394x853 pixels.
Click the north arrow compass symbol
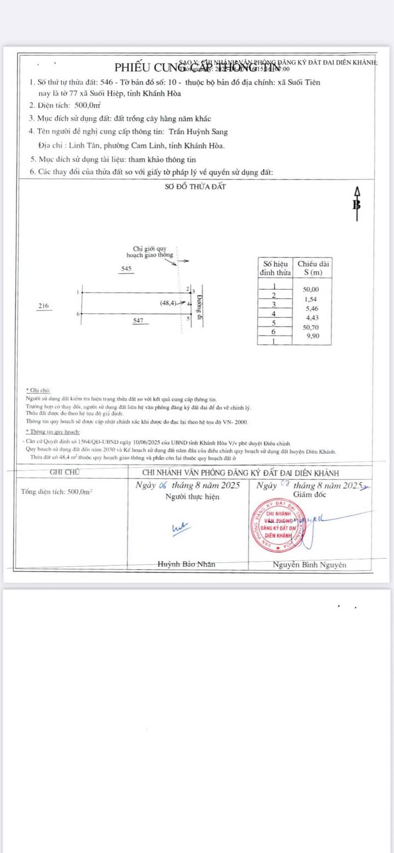pyautogui.click(x=357, y=204)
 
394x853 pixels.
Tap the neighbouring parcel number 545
pyautogui.click(x=126, y=268)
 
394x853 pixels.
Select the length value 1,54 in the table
pyautogui.click(x=310, y=299)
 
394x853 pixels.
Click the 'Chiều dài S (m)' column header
pyautogui.click(x=312, y=268)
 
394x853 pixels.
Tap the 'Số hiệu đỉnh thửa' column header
pyautogui.click(x=275, y=268)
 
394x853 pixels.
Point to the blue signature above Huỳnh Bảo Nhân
pyautogui.click(x=180, y=527)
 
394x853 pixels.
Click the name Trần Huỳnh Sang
pyautogui.click(x=198, y=131)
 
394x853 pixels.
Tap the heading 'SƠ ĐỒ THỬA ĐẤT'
pyautogui.click(x=195, y=186)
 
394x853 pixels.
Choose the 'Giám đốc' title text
pyautogui.click(x=309, y=494)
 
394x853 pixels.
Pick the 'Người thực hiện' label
pyautogui.click(x=192, y=496)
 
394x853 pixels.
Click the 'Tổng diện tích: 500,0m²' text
pyautogui.click(x=56, y=491)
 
